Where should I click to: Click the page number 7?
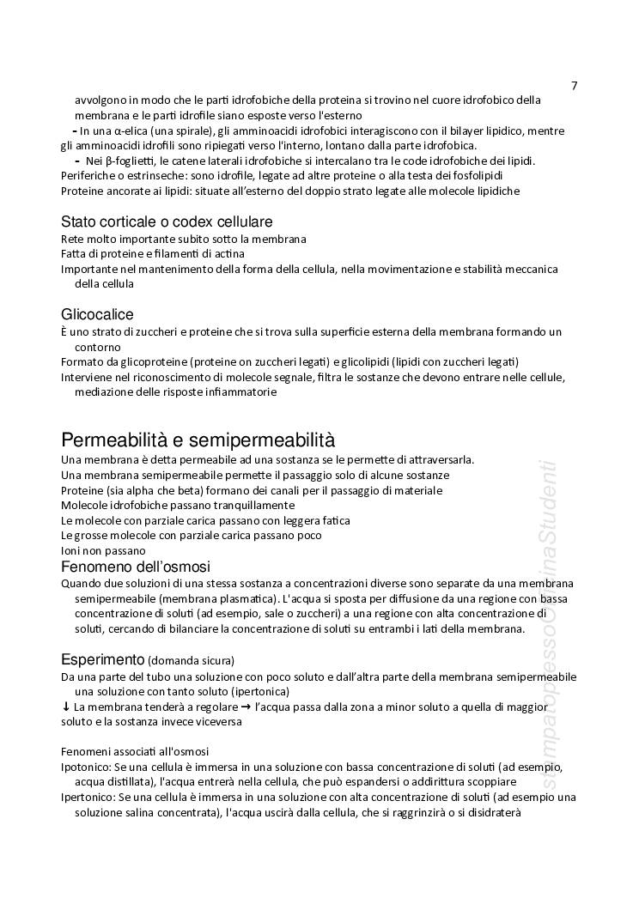click(x=575, y=85)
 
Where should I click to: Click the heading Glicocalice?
click(x=97, y=314)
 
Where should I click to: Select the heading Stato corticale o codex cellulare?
click(x=167, y=221)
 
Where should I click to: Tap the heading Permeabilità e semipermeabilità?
click(x=198, y=440)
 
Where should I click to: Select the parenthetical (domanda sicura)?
click(x=191, y=661)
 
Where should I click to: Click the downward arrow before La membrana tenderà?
click(x=66, y=707)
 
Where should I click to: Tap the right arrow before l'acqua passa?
click(x=246, y=707)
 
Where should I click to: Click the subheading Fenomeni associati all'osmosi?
click(x=135, y=751)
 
